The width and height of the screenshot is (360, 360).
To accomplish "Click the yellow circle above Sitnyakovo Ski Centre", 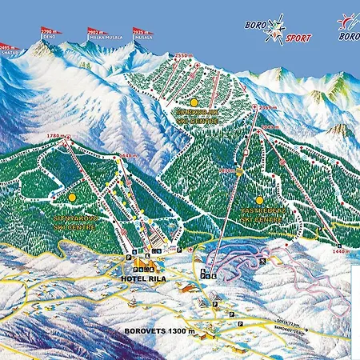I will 72,197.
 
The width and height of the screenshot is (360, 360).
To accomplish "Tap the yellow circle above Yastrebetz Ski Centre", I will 259,200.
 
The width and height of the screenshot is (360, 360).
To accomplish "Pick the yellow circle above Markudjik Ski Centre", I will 194,103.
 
